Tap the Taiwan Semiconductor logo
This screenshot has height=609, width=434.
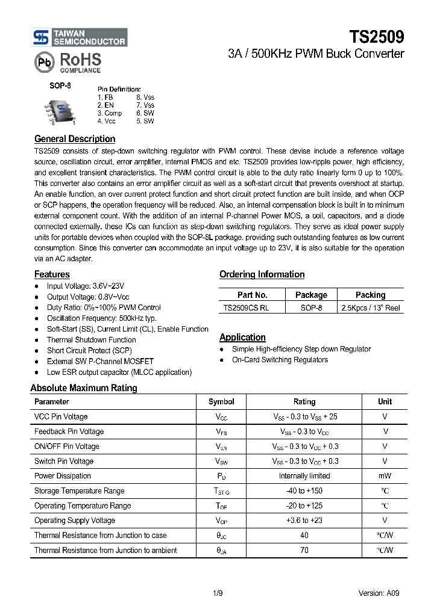[x=80, y=37]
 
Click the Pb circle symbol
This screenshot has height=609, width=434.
[x=43, y=62]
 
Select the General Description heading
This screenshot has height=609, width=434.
[x=75, y=139]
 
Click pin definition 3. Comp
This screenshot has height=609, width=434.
[x=109, y=113]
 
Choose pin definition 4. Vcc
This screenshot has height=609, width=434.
[x=106, y=121]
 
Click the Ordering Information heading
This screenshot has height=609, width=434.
[x=262, y=274]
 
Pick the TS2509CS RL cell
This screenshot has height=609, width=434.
[x=246, y=308]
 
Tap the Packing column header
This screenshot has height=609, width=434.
[x=370, y=295]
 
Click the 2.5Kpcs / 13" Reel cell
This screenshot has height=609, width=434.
[x=370, y=308]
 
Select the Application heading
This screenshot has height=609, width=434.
[x=242, y=338]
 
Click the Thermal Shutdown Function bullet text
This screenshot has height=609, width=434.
[x=91, y=340]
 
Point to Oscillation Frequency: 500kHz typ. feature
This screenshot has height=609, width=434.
[x=101, y=318]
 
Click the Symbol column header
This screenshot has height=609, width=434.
[x=221, y=401]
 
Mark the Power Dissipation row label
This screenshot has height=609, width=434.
[x=63, y=476]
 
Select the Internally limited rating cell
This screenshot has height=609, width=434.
[x=304, y=476]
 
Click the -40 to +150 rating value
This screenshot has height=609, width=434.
[x=304, y=491]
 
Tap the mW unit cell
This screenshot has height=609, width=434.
[x=385, y=476]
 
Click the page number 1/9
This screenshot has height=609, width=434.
[x=218, y=593]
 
